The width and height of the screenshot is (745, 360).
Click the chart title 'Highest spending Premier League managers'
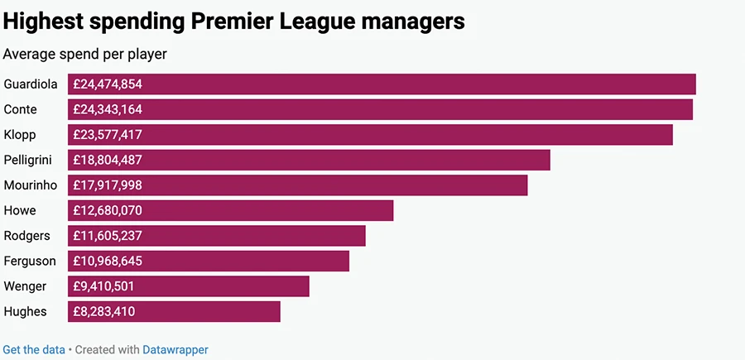pos(234,22)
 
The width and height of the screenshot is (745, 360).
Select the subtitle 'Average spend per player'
pos(85,55)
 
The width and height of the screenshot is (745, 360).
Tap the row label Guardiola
pos(31,84)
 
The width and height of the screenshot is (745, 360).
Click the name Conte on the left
pos(21,109)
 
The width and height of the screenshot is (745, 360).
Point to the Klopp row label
pos(20,135)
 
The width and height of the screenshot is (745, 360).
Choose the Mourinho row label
pos(30,185)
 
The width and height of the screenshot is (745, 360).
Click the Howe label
pos(20,210)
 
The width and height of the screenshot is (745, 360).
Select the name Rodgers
pos(27,236)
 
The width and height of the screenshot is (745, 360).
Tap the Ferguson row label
pos(30,261)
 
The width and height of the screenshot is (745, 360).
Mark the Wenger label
pos(26,286)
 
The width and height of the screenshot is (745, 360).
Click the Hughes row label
pos(26,311)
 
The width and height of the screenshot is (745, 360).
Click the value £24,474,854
pos(108,84)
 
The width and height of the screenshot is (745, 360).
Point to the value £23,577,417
pos(108,135)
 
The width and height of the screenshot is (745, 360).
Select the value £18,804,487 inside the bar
pos(108,160)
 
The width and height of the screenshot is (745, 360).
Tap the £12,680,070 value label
pos(108,210)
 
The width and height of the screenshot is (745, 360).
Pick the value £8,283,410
pos(104,311)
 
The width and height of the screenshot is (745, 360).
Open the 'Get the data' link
pos(34,349)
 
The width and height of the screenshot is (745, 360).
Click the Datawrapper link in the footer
pos(175,349)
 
